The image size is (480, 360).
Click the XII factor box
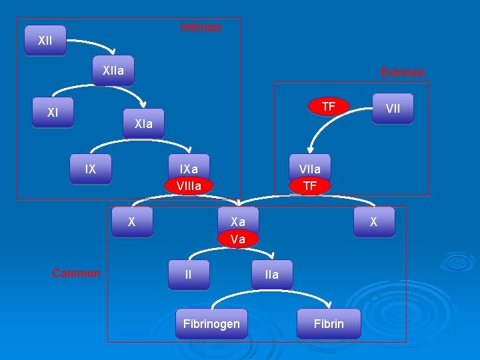(x=45, y=41)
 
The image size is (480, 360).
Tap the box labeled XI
(x=53, y=113)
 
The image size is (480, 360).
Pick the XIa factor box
(x=143, y=123)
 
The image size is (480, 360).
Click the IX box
(x=91, y=169)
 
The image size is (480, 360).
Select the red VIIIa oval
(x=189, y=185)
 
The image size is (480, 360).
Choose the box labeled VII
(x=393, y=108)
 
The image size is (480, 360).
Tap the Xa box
(x=238, y=221)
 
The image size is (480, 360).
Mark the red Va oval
(x=238, y=238)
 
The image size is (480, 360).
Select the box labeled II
(x=189, y=273)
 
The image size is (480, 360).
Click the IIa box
(x=272, y=274)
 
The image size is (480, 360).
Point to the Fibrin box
(x=329, y=323)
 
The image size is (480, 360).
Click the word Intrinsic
(x=201, y=27)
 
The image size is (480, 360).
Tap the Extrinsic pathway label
(x=403, y=72)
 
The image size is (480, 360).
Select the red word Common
(x=77, y=273)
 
